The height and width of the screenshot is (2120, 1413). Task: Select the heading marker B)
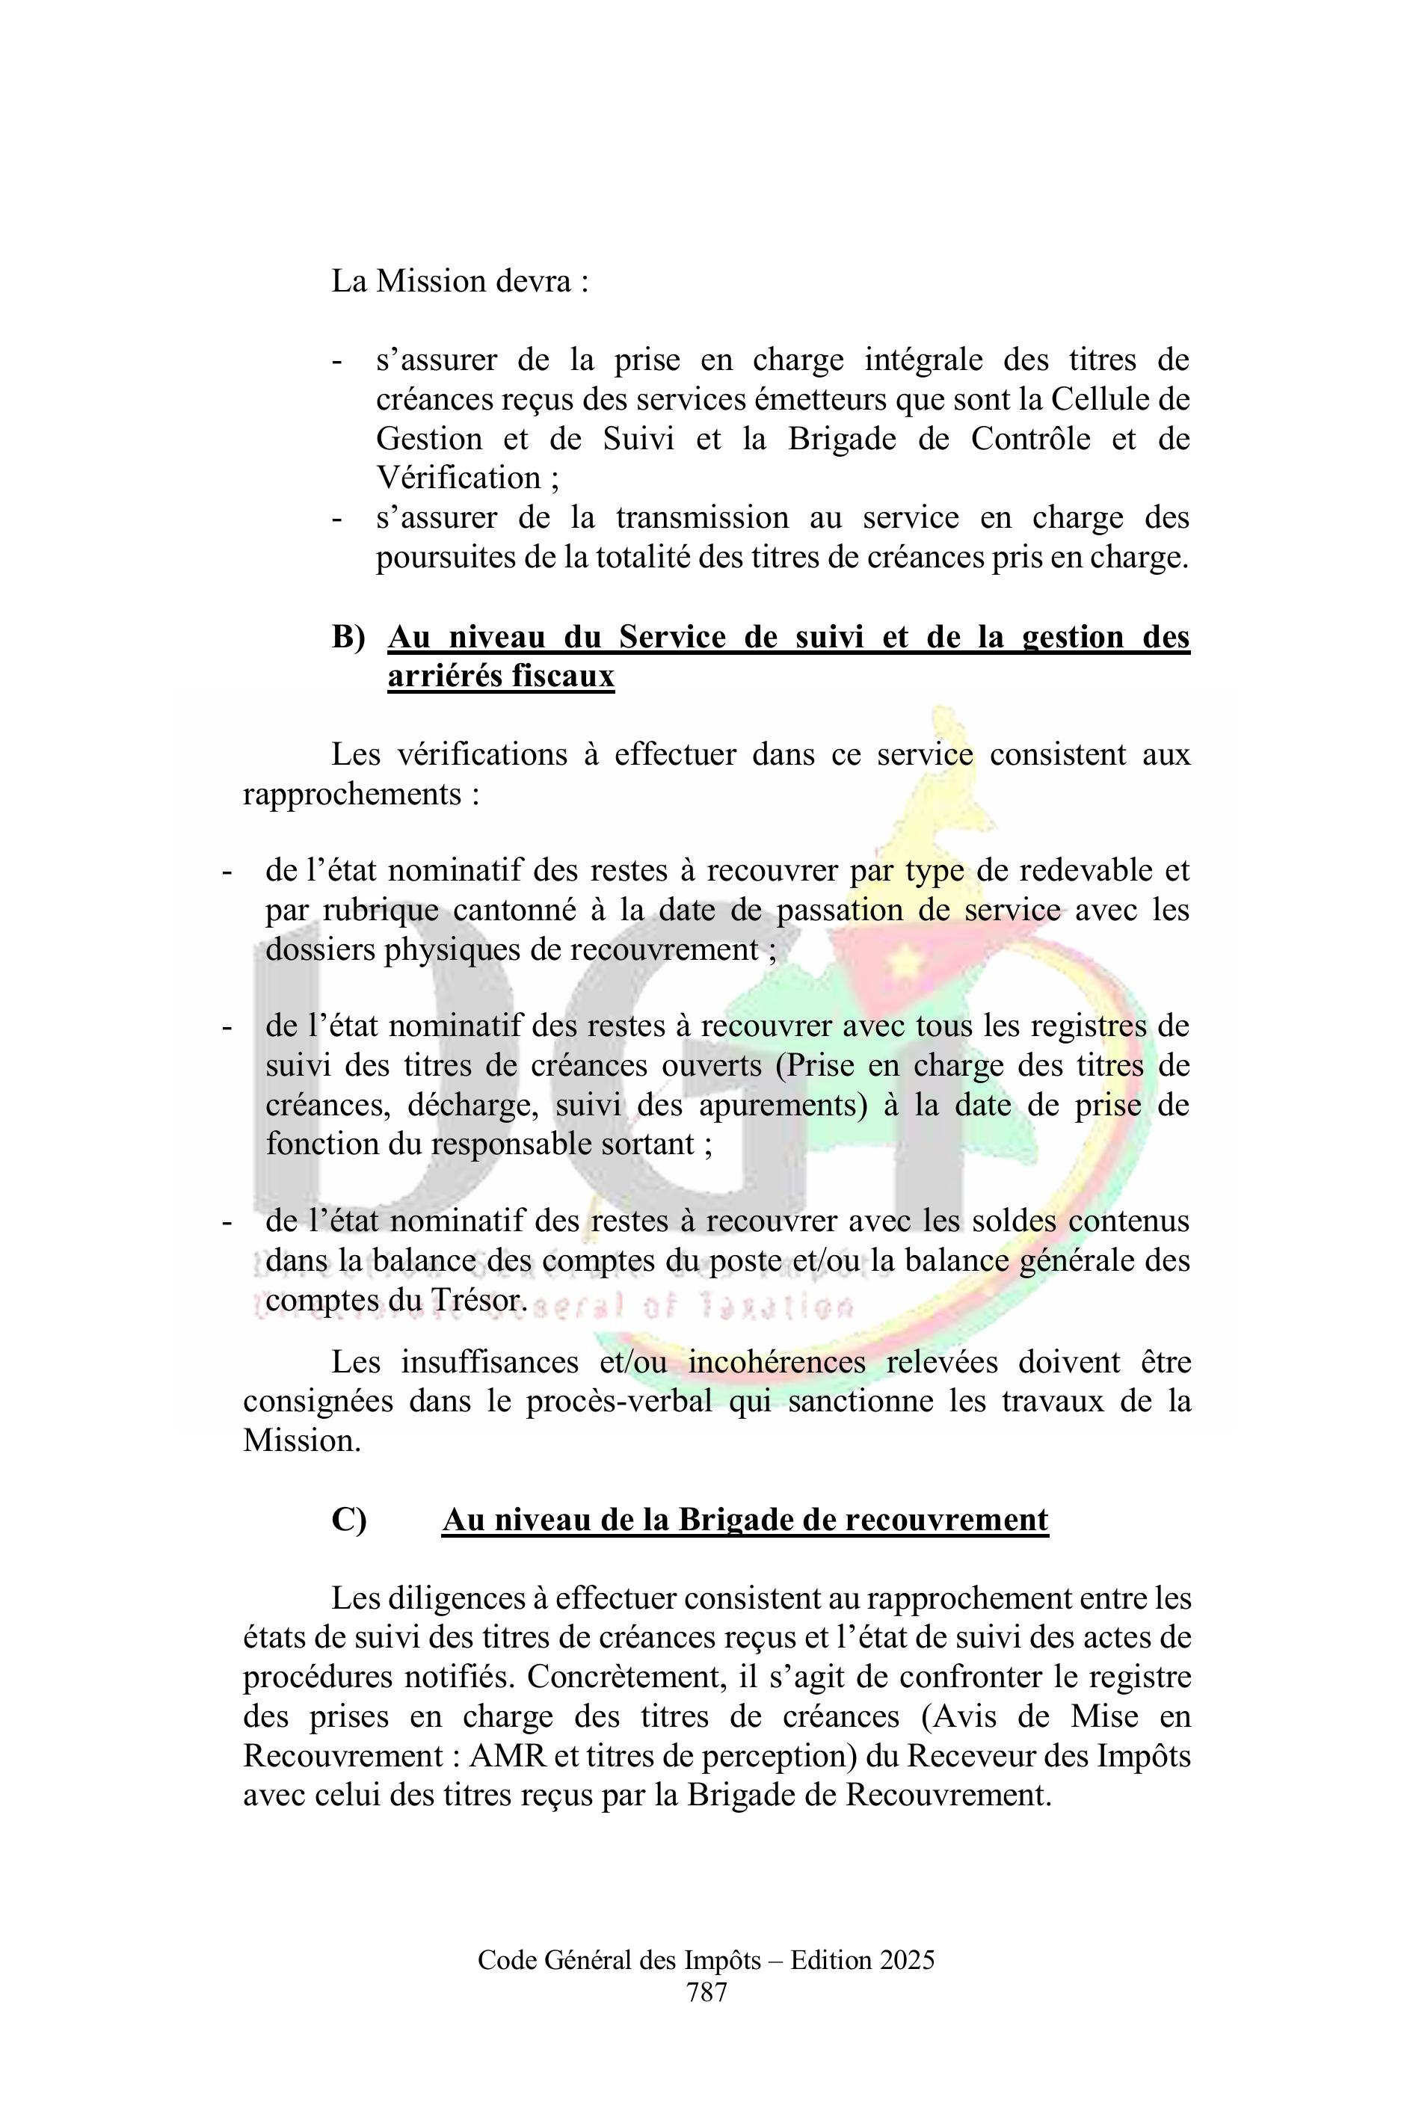pyautogui.click(x=348, y=637)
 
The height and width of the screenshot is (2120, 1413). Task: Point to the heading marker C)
pyautogui.click(x=348, y=1519)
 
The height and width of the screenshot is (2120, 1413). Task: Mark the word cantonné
pyautogui.click(x=514, y=910)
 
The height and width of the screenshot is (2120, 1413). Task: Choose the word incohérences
pyautogui.click(x=776, y=1362)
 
